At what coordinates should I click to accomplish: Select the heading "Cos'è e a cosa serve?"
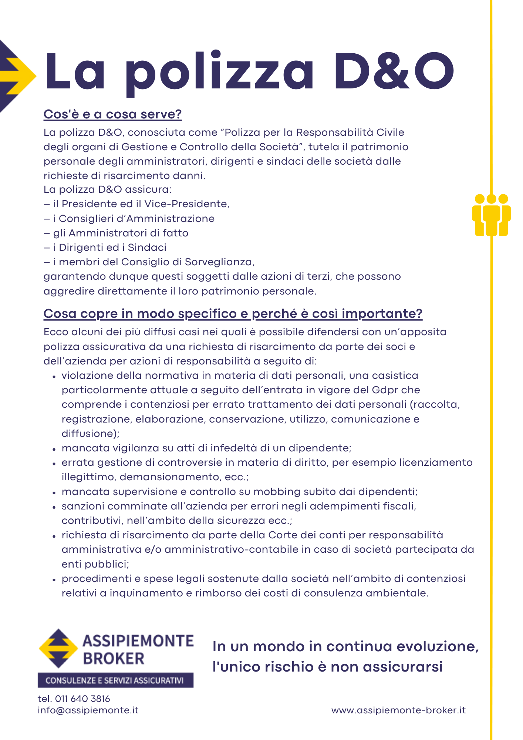[x=112, y=114]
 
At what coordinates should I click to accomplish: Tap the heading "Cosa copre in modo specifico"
[x=233, y=313]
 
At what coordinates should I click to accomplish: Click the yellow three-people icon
[x=491, y=215]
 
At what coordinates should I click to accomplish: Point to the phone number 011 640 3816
[x=82, y=699]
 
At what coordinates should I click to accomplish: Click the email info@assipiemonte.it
[x=88, y=710]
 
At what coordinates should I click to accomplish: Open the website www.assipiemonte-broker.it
[x=398, y=710]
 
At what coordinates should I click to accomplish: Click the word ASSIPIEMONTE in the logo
[x=138, y=641]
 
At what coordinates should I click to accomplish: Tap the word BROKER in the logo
[x=114, y=659]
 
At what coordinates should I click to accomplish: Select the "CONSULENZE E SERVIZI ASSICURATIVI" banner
[x=115, y=680]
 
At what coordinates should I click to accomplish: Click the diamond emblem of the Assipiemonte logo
[x=58, y=648]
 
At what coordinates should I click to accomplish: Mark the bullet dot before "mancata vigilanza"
[x=54, y=449]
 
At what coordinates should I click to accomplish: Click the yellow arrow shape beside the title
[x=18, y=76]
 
